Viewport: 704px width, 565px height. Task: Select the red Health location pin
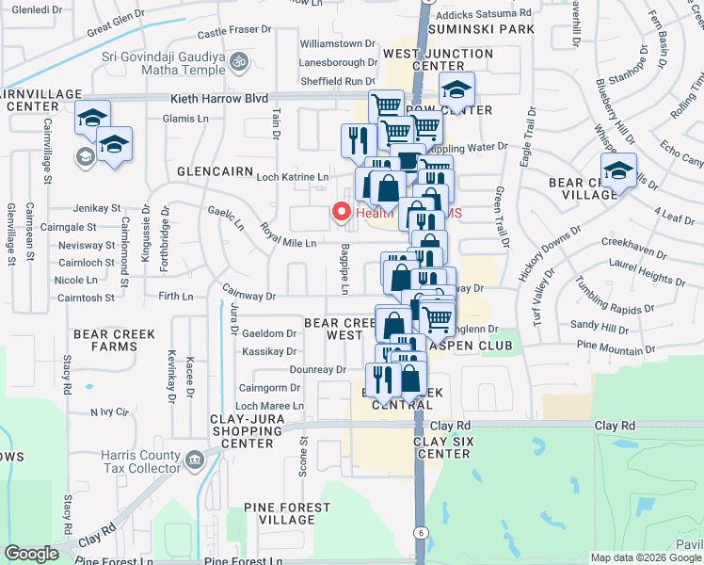coord(343,213)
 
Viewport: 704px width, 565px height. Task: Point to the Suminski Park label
coord(481,29)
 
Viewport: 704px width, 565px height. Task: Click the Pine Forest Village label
coord(287,513)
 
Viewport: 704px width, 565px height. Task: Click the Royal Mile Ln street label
coord(288,243)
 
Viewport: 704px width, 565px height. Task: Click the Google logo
coord(31,554)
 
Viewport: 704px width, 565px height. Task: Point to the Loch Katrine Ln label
coord(293,177)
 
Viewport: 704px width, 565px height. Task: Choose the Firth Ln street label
coord(176,297)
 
